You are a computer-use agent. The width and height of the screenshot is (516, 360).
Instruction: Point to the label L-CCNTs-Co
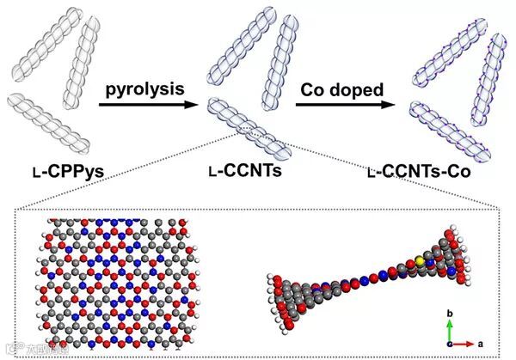click(422, 172)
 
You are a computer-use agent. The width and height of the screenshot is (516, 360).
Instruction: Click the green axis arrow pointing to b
click(448, 328)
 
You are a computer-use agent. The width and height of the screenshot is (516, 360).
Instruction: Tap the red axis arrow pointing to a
click(461, 343)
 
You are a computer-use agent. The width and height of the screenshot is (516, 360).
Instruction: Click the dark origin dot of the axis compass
click(448, 343)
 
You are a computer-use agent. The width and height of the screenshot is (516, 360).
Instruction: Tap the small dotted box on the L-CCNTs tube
click(255, 129)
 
